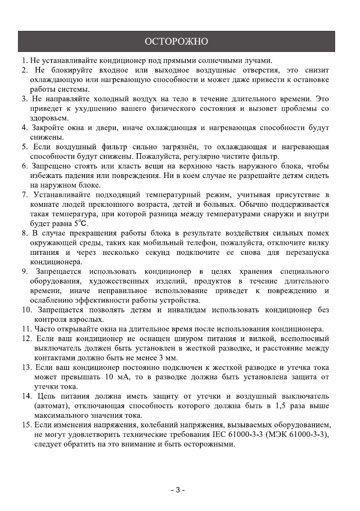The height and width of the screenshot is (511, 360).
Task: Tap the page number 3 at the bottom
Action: click(177, 490)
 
